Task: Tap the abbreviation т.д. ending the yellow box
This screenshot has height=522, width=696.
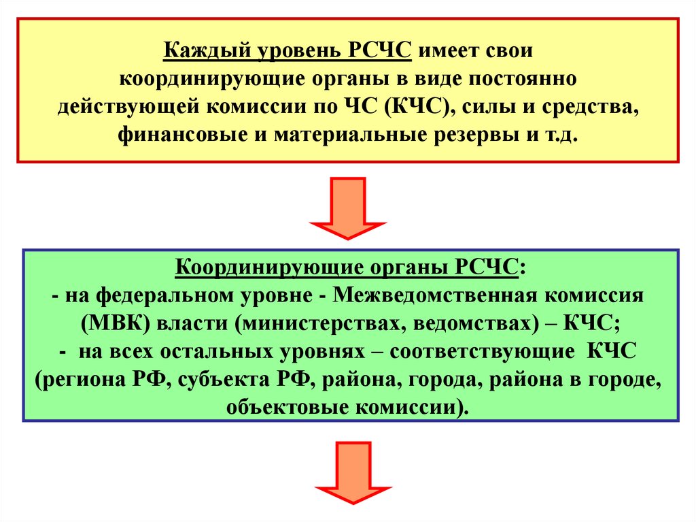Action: click(x=561, y=135)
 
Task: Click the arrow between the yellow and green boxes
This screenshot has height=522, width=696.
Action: click(x=348, y=208)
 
